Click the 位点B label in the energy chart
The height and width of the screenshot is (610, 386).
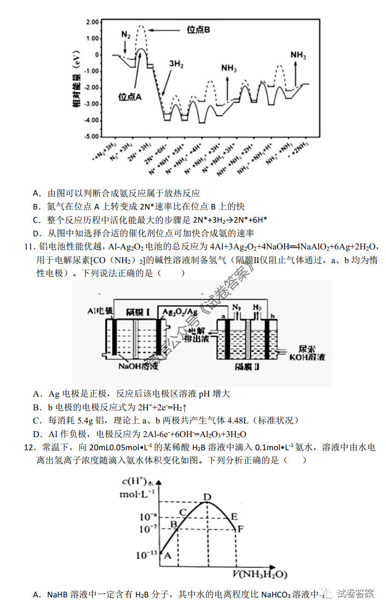coord(198,30)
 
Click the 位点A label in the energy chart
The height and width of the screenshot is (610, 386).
coord(130,97)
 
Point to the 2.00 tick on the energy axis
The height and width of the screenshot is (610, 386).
coord(93,22)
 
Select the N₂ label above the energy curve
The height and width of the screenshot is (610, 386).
coord(126,34)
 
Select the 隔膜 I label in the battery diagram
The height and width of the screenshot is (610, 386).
coord(137,311)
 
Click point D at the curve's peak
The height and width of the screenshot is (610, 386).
coord(208,497)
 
